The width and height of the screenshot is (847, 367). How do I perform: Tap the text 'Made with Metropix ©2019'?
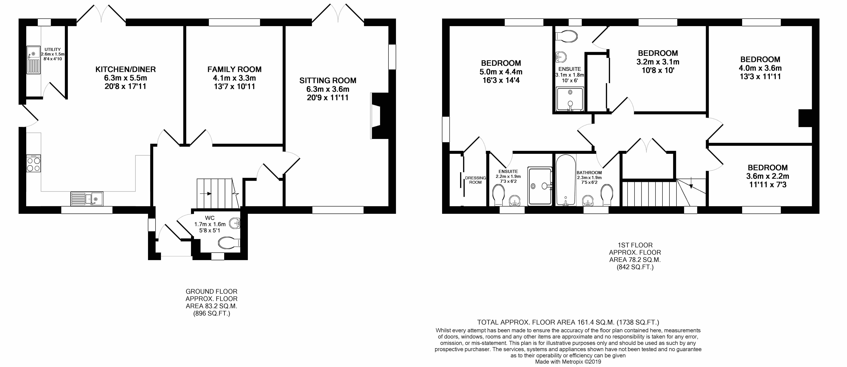point(568,362)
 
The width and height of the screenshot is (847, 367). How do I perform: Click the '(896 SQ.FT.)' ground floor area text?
point(211,314)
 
